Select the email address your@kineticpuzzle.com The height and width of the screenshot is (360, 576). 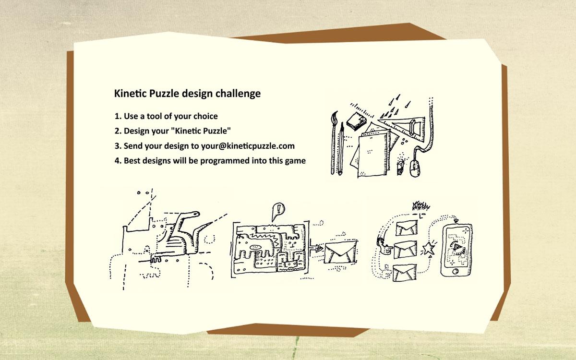(248, 146)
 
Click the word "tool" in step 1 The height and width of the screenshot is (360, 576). (154, 116)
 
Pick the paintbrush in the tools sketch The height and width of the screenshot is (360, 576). (334, 143)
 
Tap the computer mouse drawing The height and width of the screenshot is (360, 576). (415, 168)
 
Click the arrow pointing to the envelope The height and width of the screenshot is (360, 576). (316, 248)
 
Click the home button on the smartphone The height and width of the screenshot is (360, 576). (455, 271)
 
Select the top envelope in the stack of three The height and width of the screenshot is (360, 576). (406, 228)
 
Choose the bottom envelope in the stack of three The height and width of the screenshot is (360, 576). (405, 273)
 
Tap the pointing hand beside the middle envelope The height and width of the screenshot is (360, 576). (384, 246)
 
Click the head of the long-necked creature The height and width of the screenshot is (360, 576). (193, 214)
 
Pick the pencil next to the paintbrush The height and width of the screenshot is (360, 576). (341, 149)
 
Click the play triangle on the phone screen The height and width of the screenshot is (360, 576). (457, 247)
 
